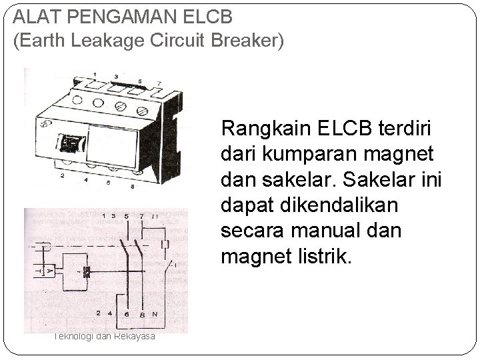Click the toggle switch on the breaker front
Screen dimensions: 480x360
pos(70,142)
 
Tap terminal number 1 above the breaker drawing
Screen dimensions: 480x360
pos(95,74)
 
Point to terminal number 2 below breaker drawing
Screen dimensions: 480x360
pos(61,176)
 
